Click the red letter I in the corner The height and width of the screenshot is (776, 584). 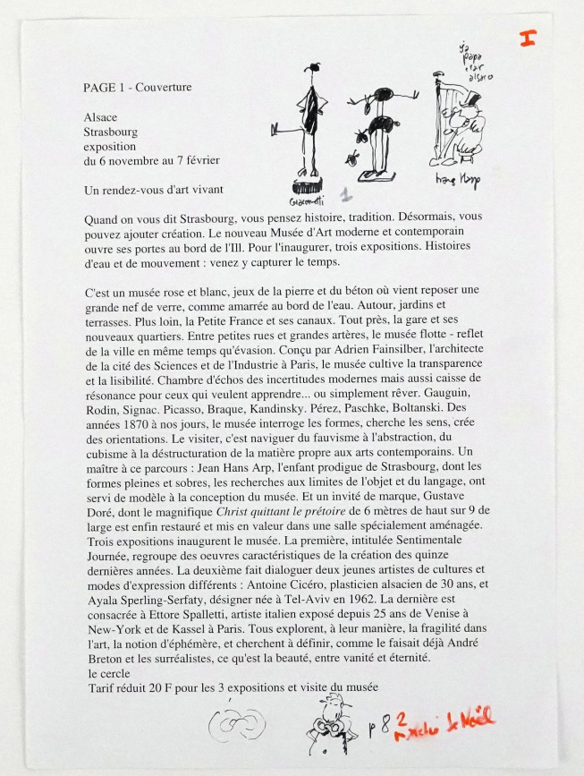528,39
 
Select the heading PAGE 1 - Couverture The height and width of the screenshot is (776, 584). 137,87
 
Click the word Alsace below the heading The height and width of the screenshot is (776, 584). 100,117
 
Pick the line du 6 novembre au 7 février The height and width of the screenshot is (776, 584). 152,160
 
